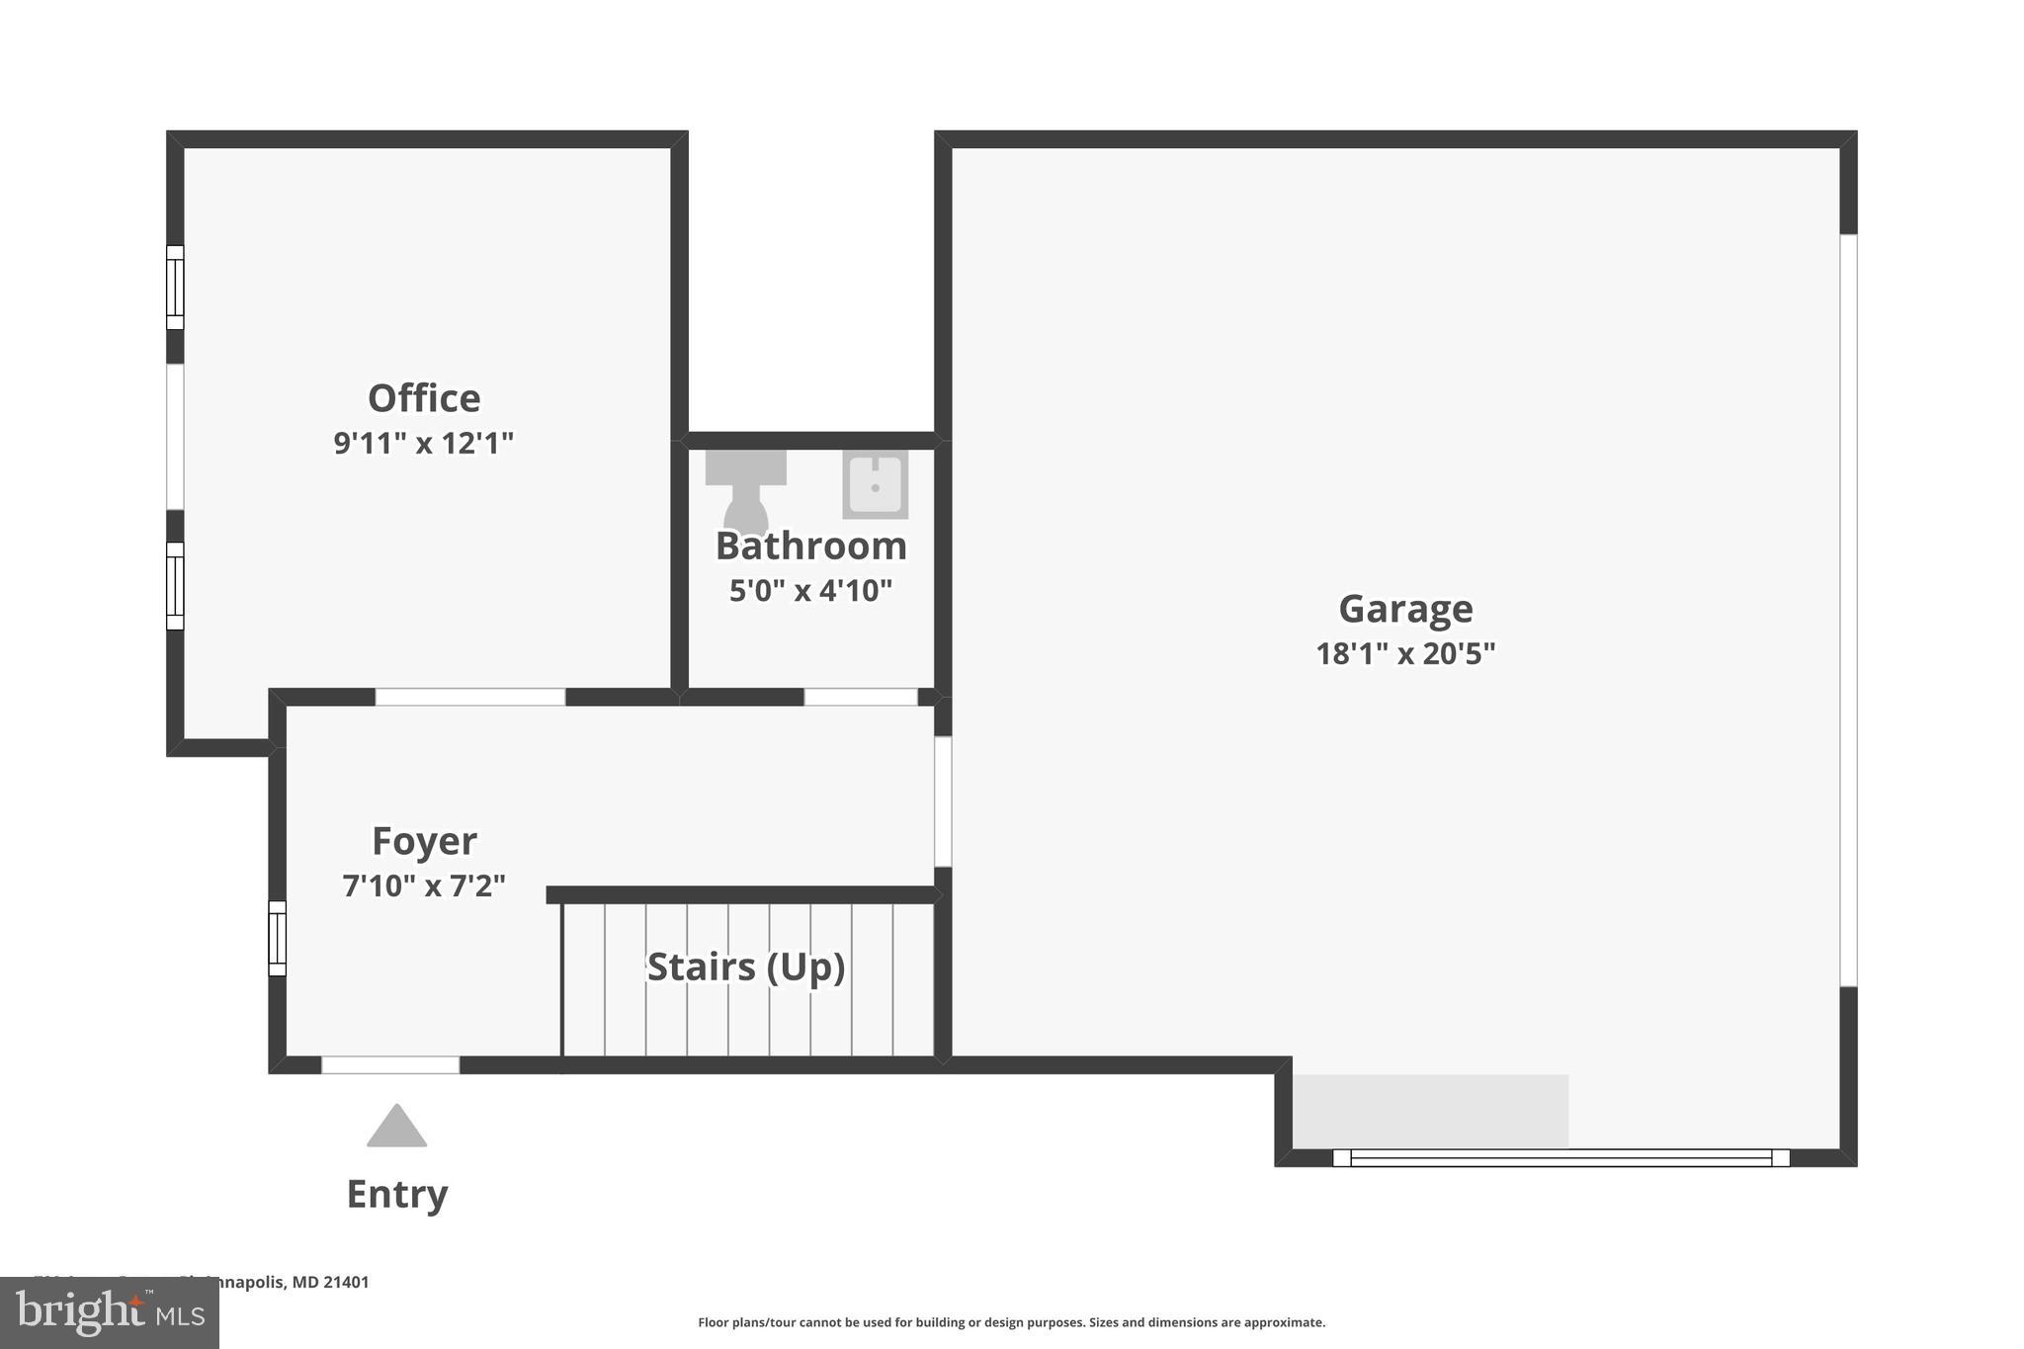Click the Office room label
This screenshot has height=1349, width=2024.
coord(424,398)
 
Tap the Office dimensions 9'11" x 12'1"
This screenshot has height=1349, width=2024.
coord(424,443)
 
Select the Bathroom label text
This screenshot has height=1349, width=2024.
coord(810,546)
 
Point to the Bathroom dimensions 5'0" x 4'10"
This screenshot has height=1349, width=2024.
coord(810,590)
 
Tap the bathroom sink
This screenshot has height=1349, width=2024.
coord(875,484)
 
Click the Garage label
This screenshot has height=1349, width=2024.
coord(1405,609)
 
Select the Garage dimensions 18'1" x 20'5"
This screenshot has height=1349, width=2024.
coord(1405,653)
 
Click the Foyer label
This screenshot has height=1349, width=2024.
coord(424,841)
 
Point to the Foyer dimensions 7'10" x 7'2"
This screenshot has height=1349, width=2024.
coord(424,885)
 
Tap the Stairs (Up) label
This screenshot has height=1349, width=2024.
coord(746,967)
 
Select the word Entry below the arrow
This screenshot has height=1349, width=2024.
coord(396,1194)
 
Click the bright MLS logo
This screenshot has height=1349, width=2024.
coord(110,1313)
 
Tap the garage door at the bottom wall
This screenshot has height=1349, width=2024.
coord(1560,1157)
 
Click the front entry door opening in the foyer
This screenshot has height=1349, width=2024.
coord(390,1065)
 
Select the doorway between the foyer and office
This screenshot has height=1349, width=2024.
coord(470,697)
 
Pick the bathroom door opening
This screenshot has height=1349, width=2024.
coord(861,697)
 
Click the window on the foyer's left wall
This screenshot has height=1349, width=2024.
coord(278,938)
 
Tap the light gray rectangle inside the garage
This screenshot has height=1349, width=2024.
coord(1430,1111)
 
